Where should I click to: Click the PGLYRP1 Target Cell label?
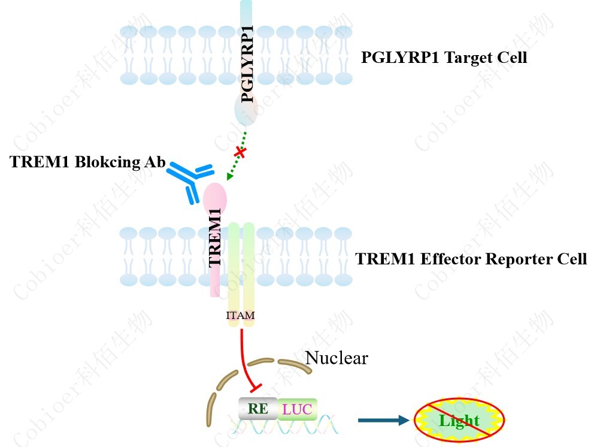[444, 58]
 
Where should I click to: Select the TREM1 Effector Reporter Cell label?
[471, 259]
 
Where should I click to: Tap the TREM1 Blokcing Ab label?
[87, 164]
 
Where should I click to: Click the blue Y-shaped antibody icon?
[191, 179]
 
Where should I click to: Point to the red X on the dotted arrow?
[240, 153]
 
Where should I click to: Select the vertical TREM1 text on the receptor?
[216, 237]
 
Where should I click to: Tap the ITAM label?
[241, 315]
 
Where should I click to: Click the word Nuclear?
[337, 358]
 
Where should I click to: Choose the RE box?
[258, 409]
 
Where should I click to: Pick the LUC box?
[297, 409]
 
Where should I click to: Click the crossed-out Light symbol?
[459, 420]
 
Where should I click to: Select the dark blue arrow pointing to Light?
[383, 420]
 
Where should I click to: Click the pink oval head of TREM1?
[215, 197]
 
